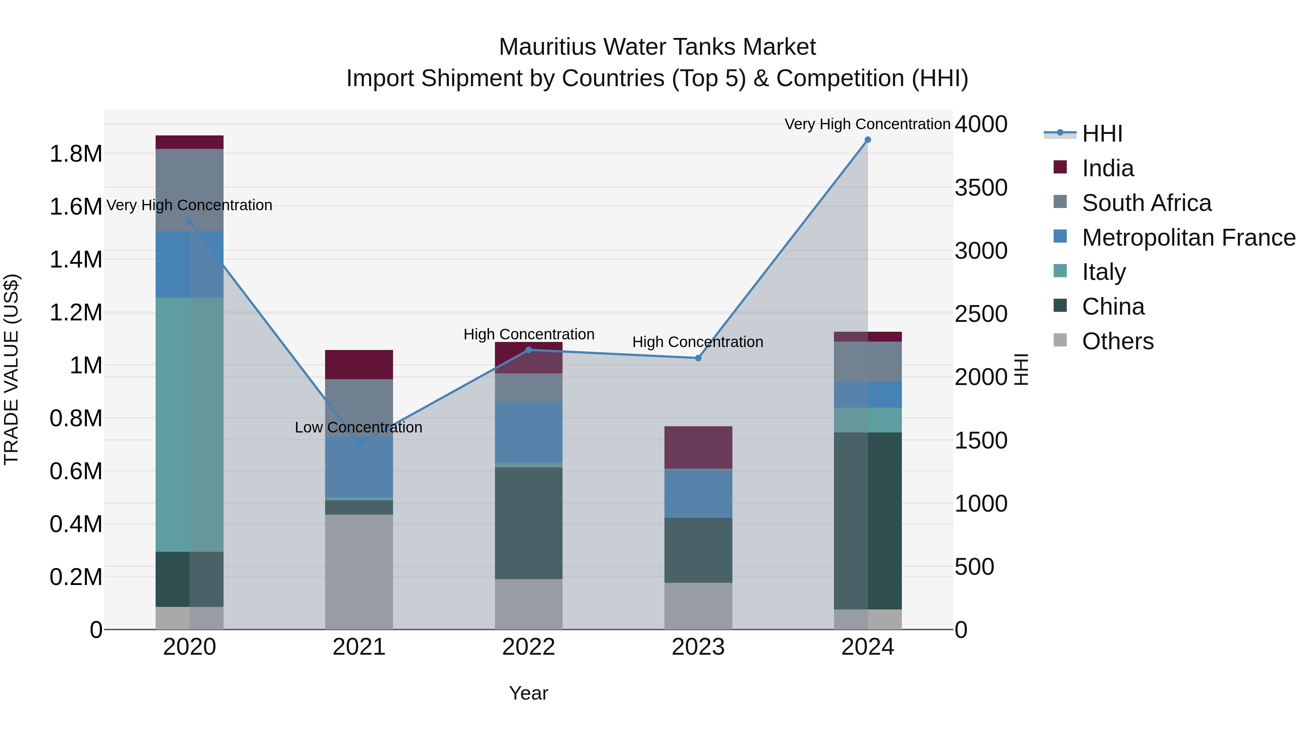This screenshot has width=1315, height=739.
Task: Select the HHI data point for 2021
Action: [x=359, y=443]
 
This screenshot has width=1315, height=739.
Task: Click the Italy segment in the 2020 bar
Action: [x=189, y=424]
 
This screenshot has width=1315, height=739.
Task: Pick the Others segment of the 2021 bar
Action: [x=359, y=571]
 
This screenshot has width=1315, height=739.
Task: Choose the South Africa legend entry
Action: [x=1146, y=203]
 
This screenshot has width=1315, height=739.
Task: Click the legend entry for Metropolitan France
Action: [x=1188, y=238]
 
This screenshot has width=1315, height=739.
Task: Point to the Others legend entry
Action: [x=1117, y=341]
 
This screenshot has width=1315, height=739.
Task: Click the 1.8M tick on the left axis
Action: [x=76, y=154]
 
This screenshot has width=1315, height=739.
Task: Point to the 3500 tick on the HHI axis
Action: [x=981, y=188]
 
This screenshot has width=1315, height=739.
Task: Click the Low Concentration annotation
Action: [x=358, y=427]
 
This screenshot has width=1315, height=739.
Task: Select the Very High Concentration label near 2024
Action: [x=867, y=124]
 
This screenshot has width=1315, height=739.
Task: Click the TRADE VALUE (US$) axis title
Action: [x=11, y=369]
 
